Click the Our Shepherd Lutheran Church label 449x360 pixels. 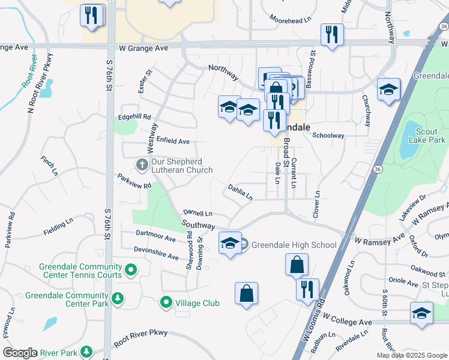click(x=182, y=166)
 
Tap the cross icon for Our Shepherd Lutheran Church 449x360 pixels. click(x=141, y=164)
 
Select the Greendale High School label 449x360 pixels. click(x=294, y=245)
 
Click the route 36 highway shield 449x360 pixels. click(x=376, y=170)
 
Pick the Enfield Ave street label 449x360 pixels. click(x=173, y=141)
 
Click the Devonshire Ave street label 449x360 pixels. click(x=157, y=256)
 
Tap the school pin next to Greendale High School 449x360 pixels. click(x=230, y=244)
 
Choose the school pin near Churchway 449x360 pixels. click(x=388, y=90)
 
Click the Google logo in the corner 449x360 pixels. click(x=20, y=353)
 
